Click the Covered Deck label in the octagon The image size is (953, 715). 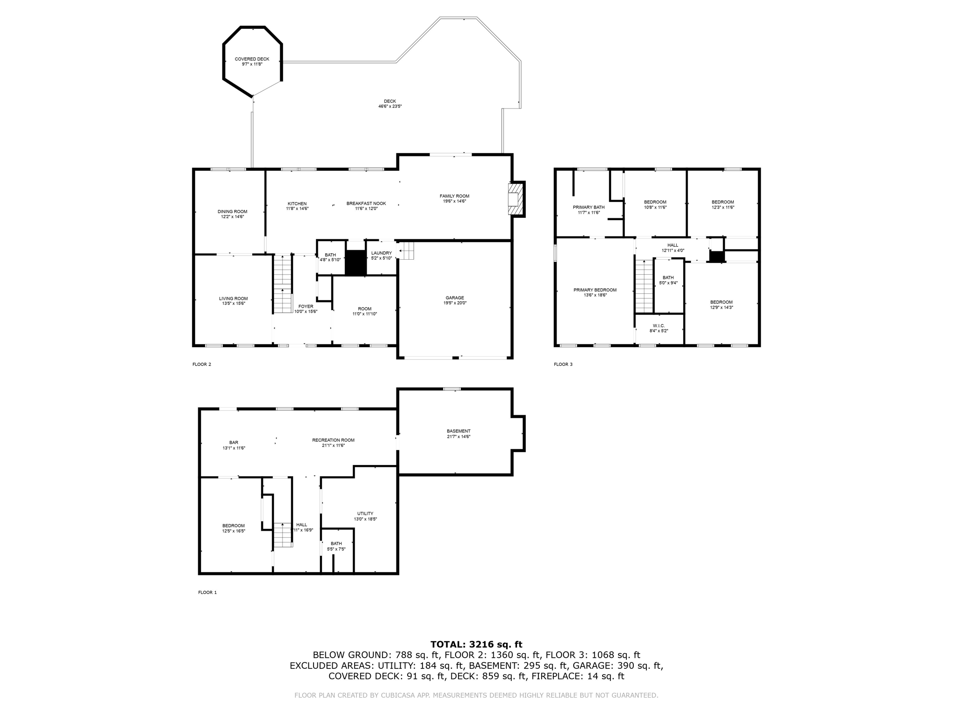point(252,59)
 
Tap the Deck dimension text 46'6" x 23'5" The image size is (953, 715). point(389,107)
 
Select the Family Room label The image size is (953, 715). point(454,196)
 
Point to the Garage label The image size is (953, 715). point(455,298)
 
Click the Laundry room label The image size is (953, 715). point(381,253)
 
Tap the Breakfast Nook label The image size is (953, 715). point(366,203)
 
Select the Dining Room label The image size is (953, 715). point(232,212)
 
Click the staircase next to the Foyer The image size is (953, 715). point(282,284)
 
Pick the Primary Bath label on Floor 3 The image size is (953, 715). point(588,207)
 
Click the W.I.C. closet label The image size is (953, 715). point(658,326)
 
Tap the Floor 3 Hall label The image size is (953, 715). point(672,245)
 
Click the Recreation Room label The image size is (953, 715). point(333,440)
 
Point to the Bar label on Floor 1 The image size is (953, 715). point(234,443)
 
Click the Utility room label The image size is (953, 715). point(365,513)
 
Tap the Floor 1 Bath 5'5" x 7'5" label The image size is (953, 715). point(336,544)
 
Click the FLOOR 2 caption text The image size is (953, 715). point(201,364)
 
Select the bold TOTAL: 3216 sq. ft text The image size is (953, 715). point(476,645)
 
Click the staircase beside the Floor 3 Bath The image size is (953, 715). point(644,286)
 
